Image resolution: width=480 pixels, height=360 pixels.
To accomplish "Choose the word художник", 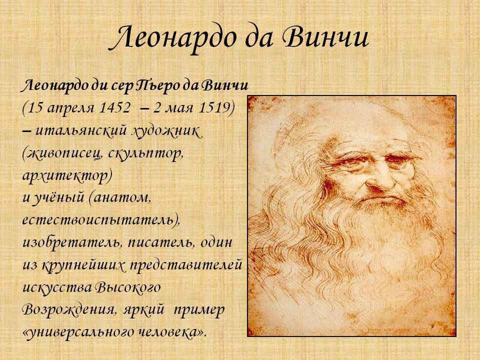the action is [166, 131].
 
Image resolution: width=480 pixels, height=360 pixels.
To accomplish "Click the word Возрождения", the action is [70, 310].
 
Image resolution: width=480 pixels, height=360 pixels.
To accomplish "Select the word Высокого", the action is [128, 288].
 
